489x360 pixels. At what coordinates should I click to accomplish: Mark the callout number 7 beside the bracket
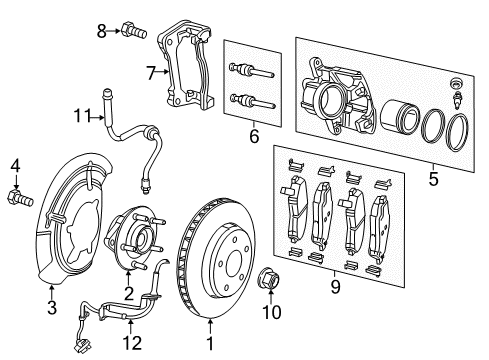tap(151, 72)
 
